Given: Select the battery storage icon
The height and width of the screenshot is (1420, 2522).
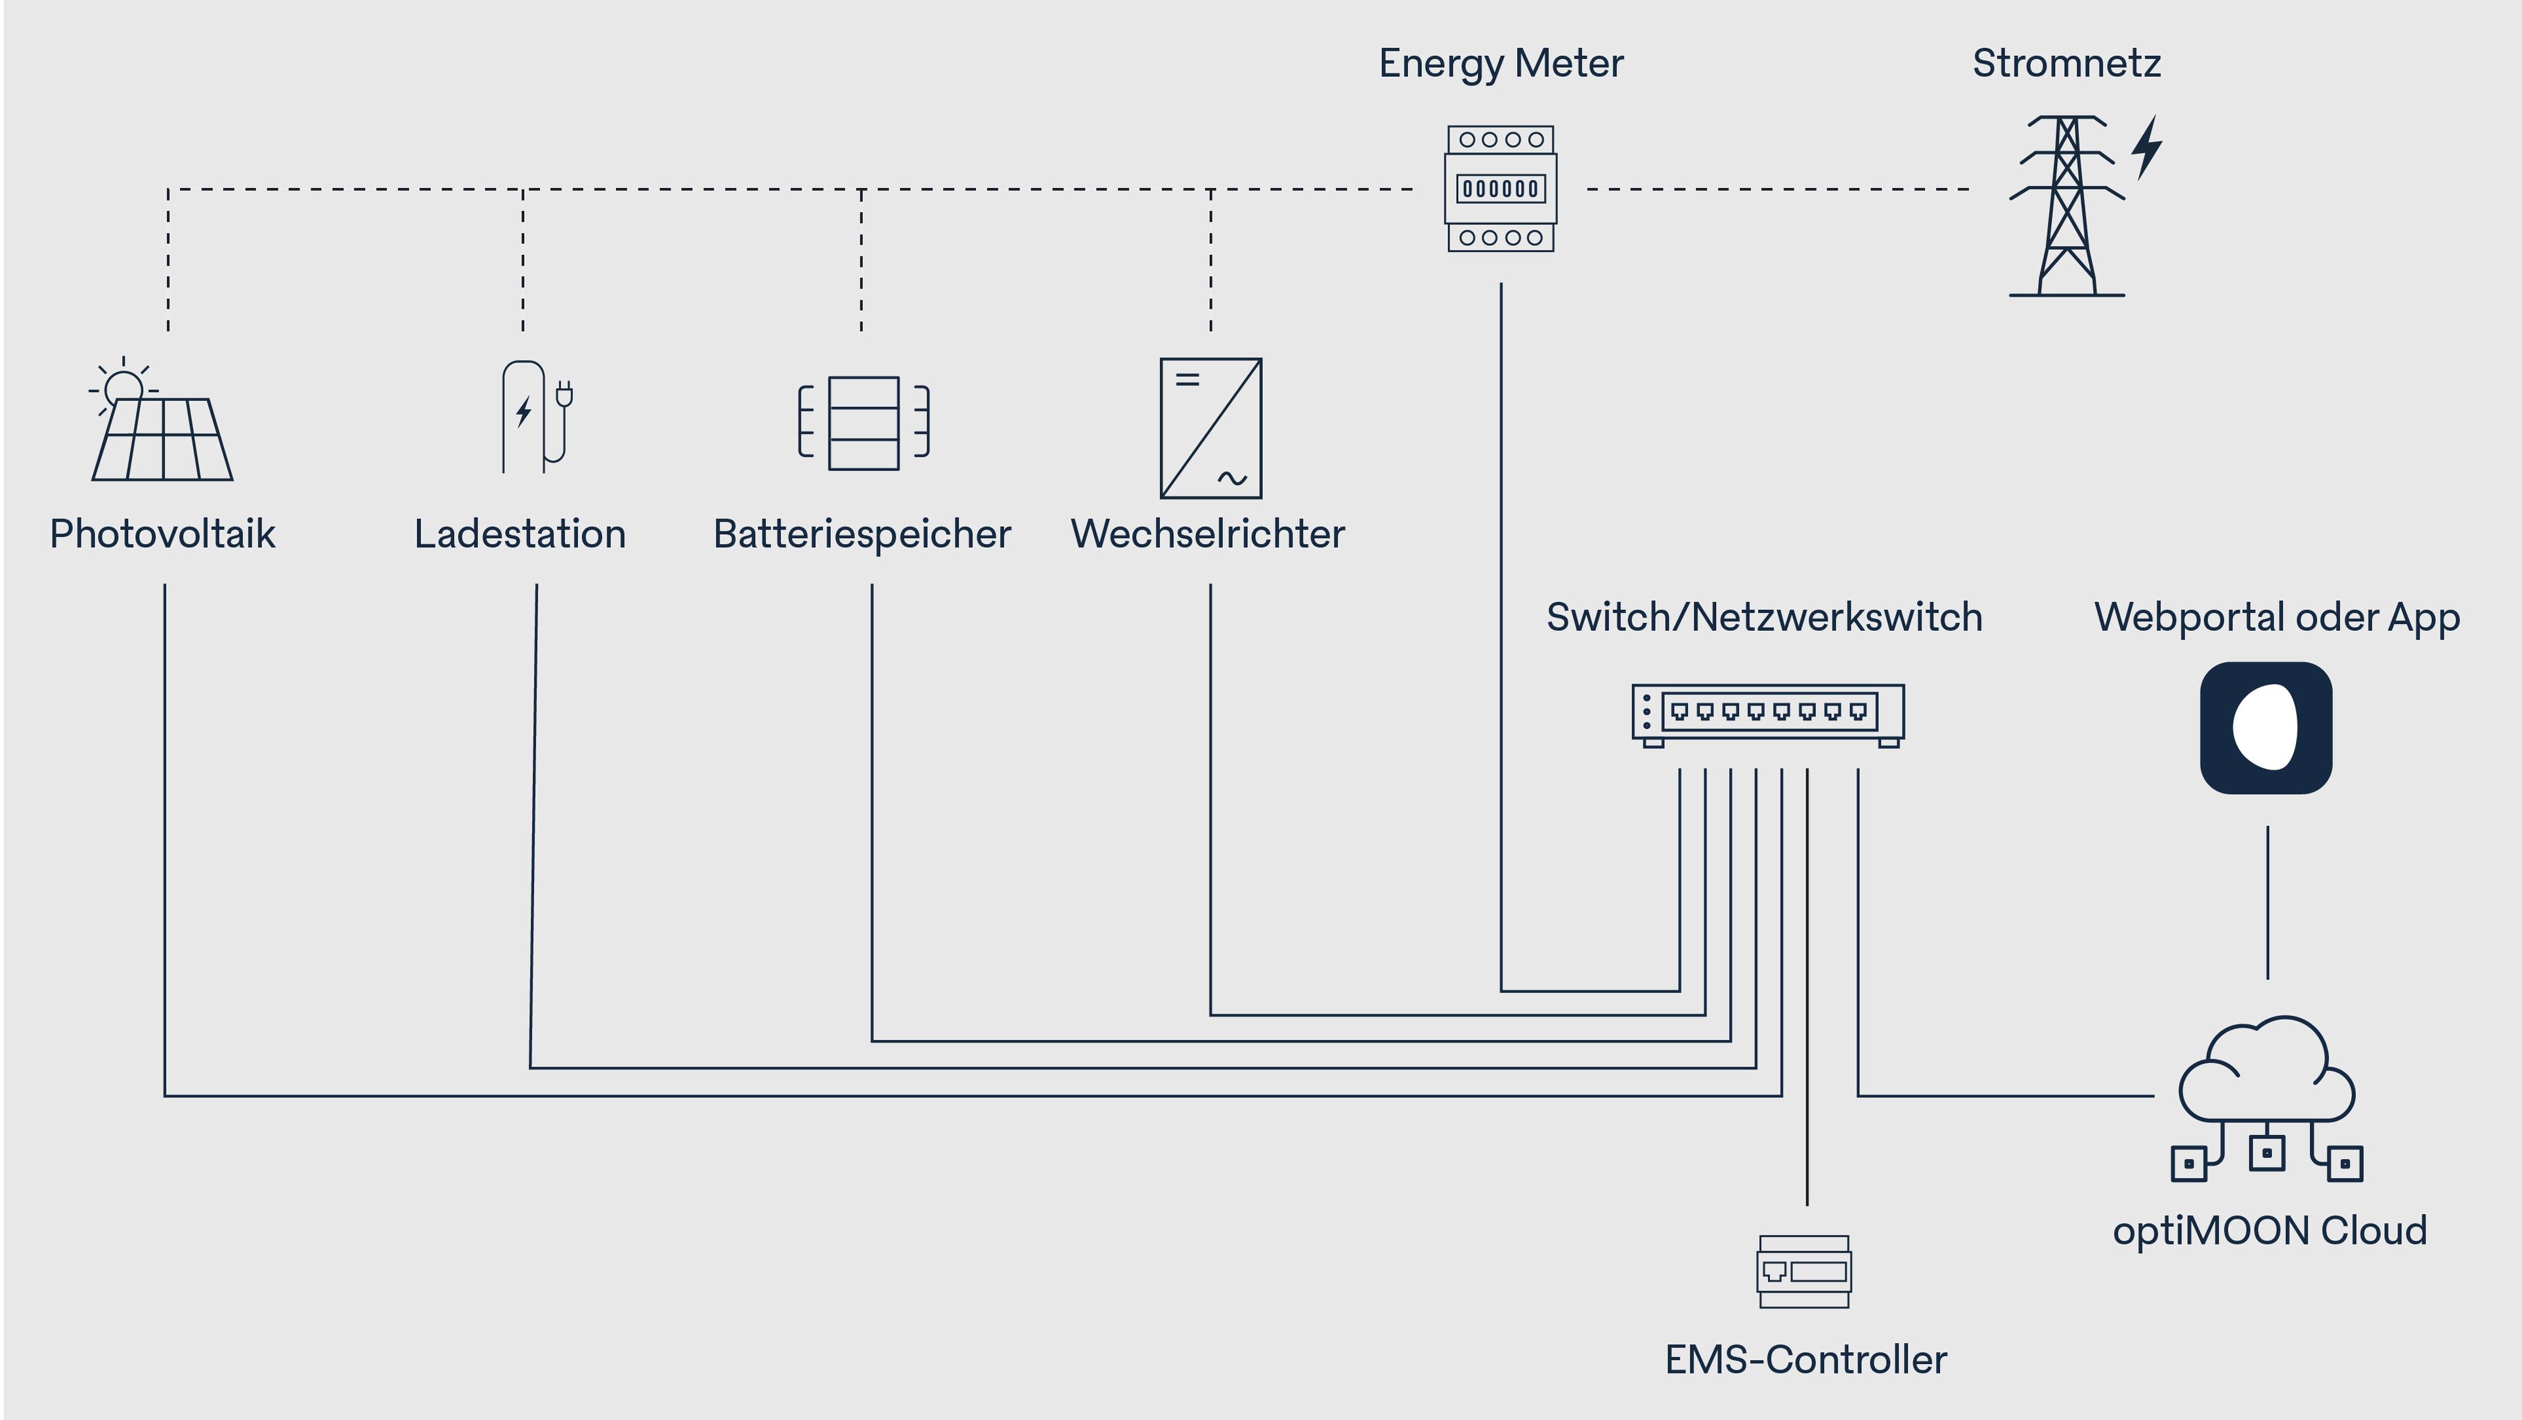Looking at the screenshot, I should click(x=862, y=423).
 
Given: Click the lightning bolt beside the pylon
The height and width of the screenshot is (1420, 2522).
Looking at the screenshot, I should click(x=2146, y=148).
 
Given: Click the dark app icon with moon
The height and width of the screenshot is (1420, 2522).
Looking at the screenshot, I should click(x=2265, y=727).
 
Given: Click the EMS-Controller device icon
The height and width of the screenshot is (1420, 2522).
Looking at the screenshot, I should click(x=1803, y=1271).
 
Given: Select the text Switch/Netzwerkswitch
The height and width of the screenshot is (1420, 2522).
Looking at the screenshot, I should click(x=1763, y=618).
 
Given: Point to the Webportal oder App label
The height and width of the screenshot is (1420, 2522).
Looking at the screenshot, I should click(x=2276, y=618).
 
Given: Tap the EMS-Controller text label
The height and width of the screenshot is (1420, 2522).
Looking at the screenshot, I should click(x=1805, y=1360).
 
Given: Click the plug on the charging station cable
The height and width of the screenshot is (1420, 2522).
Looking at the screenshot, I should click(x=564, y=395).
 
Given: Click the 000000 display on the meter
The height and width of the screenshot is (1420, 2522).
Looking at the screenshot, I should click(x=1500, y=188).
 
